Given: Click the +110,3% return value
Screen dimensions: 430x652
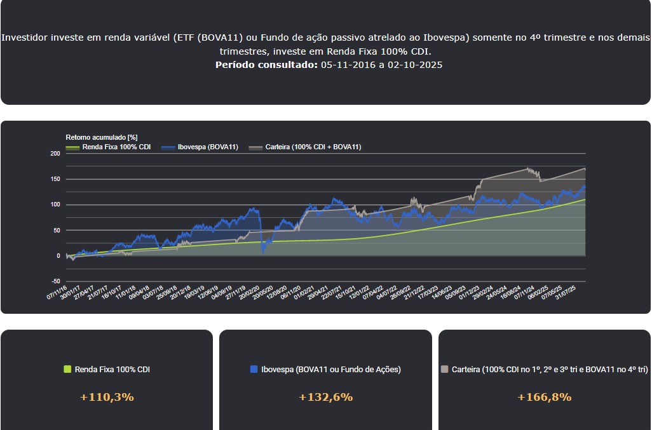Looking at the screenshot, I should (x=107, y=397).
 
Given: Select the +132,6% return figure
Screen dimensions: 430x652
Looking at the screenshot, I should (x=325, y=397).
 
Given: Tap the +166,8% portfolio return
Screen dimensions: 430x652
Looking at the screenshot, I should (x=544, y=397).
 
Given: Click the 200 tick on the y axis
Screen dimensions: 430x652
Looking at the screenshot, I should (x=55, y=154).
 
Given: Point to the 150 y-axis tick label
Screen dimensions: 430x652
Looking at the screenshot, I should (x=55, y=179).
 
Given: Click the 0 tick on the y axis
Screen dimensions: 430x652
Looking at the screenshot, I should (x=58, y=256).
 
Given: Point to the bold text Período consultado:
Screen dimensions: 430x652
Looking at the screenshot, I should (x=266, y=65).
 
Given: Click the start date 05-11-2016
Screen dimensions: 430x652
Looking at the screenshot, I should (x=348, y=65).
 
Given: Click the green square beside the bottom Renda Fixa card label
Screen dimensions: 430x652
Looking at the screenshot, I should (x=68, y=369).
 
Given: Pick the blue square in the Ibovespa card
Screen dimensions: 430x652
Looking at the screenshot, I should (x=254, y=369).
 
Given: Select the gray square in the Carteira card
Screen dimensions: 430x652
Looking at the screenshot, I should (x=445, y=369).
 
